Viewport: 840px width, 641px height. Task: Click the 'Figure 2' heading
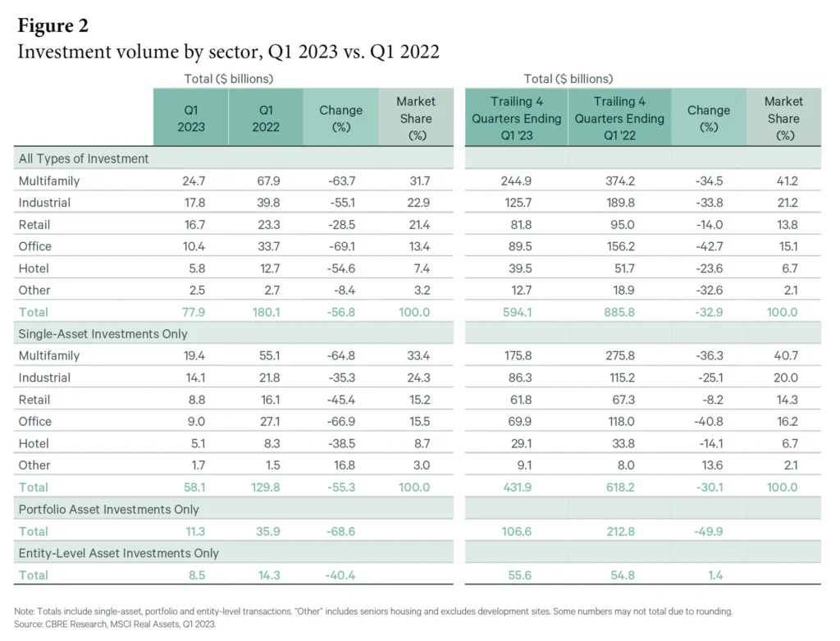tap(52, 25)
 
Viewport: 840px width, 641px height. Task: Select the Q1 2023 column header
tap(190, 117)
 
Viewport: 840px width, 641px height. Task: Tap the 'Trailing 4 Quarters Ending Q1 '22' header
tap(619, 117)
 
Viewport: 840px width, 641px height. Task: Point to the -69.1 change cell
tap(340, 246)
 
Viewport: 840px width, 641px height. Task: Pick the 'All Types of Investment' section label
tap(83, 158)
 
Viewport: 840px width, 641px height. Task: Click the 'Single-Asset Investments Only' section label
tap(103, 334)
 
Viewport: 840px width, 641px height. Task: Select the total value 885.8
tap(619, 312)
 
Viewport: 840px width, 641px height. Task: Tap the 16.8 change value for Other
tap(340, 465)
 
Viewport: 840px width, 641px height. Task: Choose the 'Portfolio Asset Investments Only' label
tap(108, 510)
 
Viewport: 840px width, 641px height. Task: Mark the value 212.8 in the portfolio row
tap(619, 531)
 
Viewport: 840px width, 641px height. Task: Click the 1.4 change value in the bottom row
tap(715, 575)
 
